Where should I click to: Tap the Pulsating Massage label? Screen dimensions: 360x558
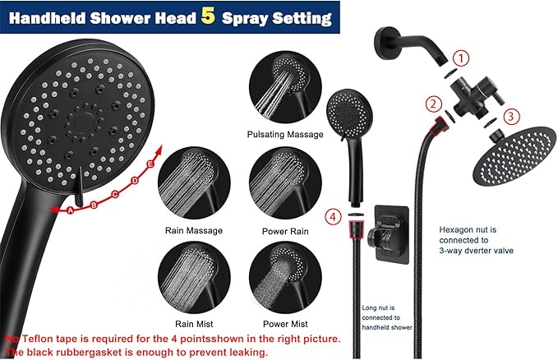click(x=283, y=134)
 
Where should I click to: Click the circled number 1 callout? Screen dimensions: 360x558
click(x=463, y=58)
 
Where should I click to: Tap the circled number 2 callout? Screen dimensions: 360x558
click(x=432, y=104)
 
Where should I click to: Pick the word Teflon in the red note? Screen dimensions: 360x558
click(x=37, y=338)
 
